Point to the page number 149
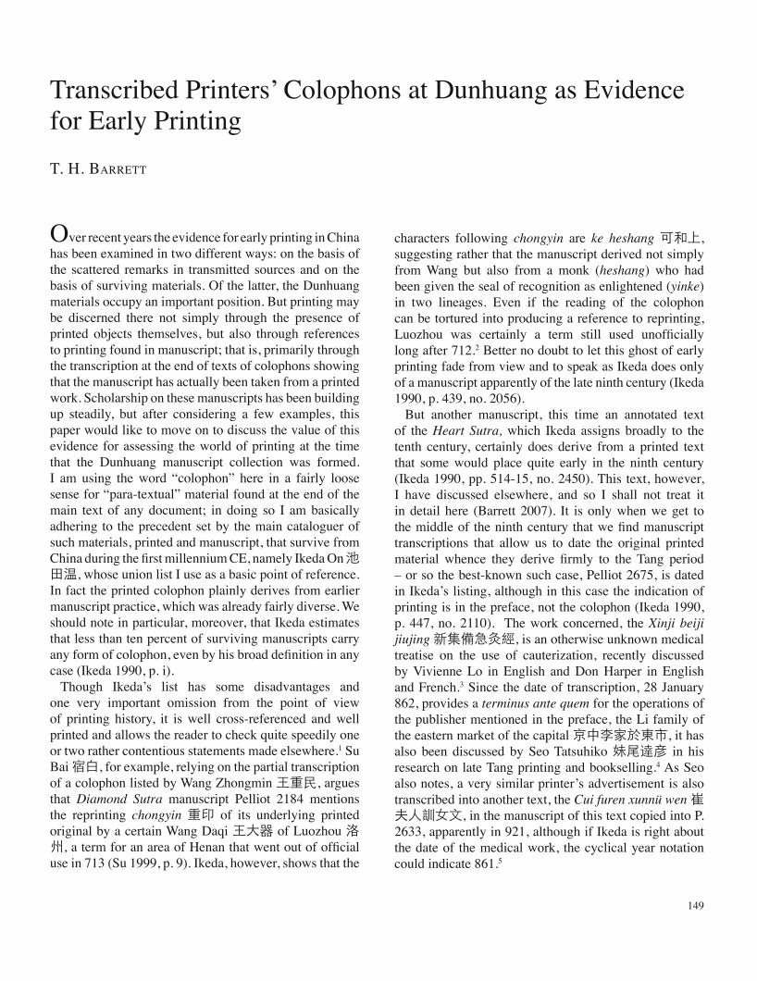pos(696,904)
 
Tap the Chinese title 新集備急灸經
pos(477,639)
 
